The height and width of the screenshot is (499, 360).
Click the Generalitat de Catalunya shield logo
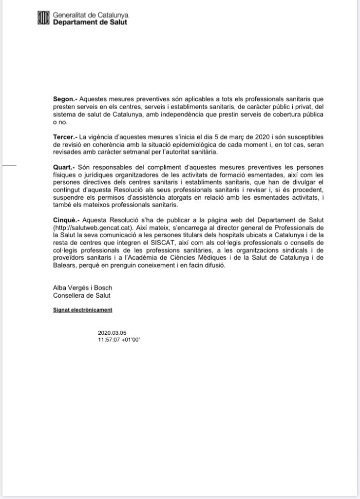tap(43, 19)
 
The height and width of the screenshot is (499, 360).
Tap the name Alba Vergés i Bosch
tap(82, 288)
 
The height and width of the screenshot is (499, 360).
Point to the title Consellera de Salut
tap(82, 295)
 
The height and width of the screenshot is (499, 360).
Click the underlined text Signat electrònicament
tap(82, 309)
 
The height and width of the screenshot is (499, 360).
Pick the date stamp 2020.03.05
tap(112, 332)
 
